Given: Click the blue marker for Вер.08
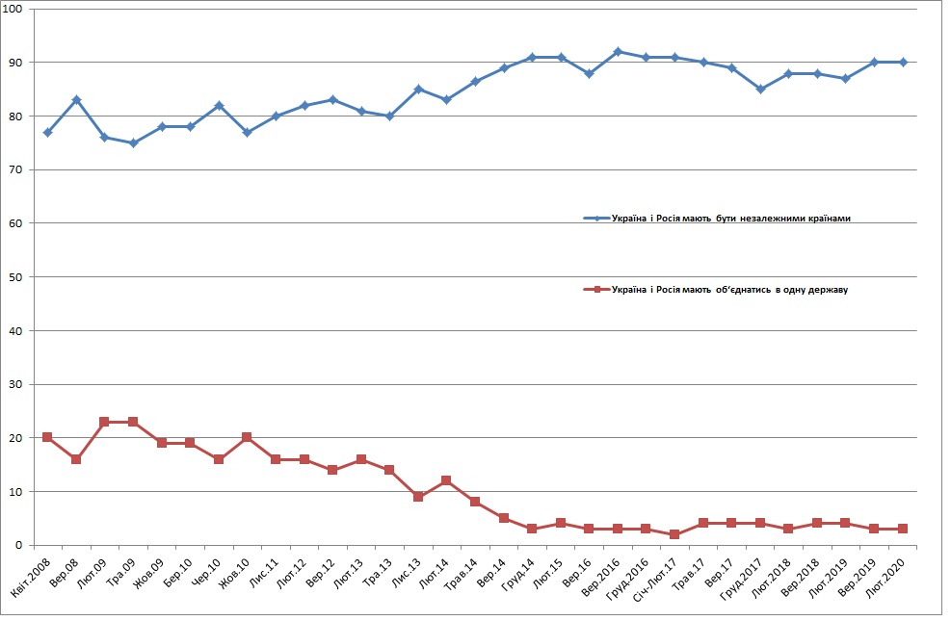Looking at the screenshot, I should pos(76,99).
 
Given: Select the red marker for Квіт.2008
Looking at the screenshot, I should pos(47,437).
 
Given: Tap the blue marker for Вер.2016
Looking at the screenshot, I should pos(618,51).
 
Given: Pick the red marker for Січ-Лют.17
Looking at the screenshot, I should pos(674,534).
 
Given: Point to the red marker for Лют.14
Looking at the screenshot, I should pos(446,480).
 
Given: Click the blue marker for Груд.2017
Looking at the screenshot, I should pos(760,89).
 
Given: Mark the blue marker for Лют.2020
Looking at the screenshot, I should pos(903,62).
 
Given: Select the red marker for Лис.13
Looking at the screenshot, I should pos(418,497).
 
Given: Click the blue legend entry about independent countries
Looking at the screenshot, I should pos(718,219).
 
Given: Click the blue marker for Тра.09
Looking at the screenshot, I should pos(133,142).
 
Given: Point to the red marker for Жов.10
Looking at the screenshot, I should pos(247,437).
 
